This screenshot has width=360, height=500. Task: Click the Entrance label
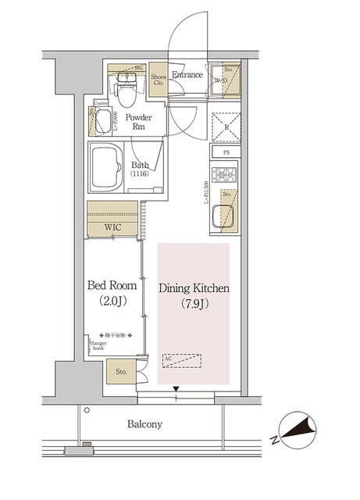187,76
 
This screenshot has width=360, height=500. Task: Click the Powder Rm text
139,123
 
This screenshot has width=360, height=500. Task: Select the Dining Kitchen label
194,288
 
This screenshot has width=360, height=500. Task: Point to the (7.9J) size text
194,304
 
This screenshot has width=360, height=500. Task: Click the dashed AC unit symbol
182,360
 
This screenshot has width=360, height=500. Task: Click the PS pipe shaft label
226,152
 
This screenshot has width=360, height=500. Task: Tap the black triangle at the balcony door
177,389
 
